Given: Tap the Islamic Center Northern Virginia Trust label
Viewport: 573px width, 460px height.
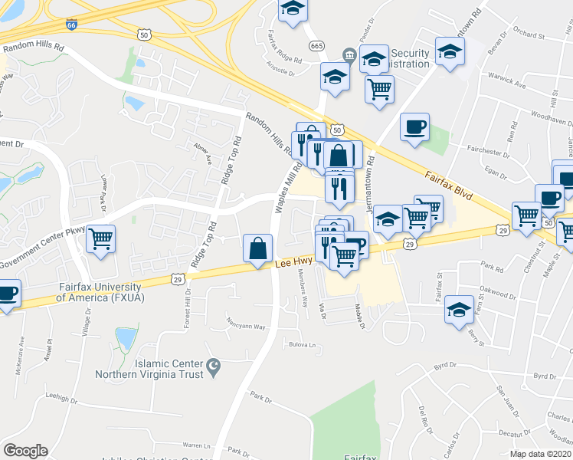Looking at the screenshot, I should [149, 369].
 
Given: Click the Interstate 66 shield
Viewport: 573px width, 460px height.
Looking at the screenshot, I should [70, 25].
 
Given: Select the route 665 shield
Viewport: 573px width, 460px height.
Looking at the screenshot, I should [316, 47].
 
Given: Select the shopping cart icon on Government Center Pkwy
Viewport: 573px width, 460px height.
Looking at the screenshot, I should [101, 239].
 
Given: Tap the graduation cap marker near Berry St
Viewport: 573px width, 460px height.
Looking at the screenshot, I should [459, 310].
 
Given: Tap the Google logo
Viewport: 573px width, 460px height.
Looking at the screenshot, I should [25, 451].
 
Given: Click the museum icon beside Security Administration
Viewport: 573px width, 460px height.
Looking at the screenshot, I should [349, 54].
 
